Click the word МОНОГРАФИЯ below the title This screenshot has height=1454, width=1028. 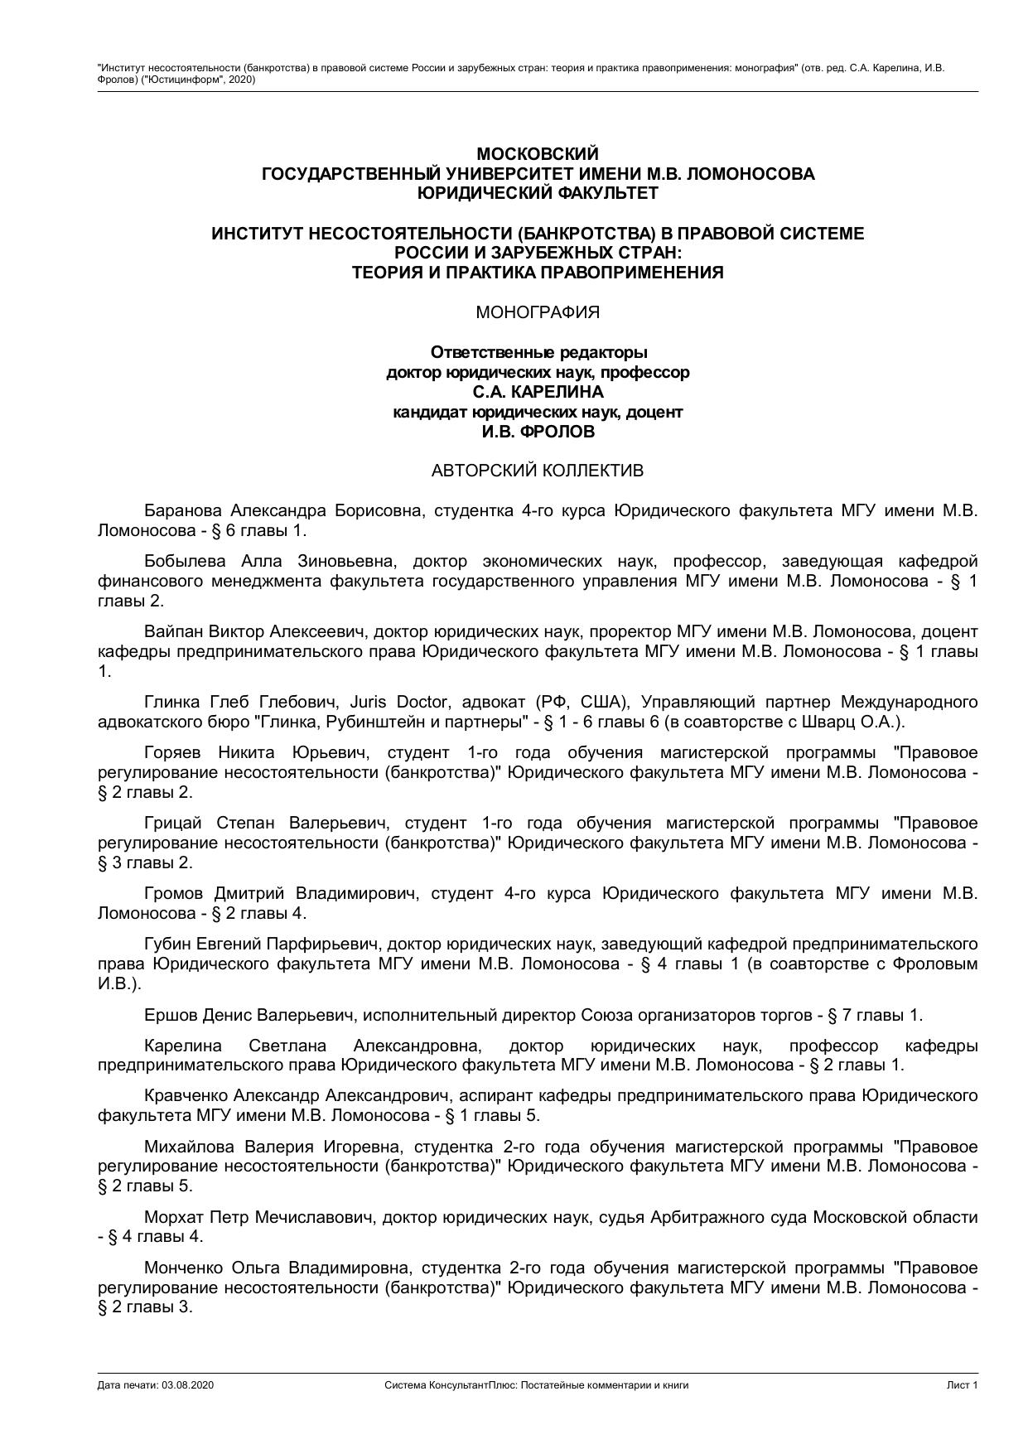[538, 312]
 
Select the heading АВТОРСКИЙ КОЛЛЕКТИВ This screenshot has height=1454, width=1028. [537, 471]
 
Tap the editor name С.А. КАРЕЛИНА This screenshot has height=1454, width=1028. [538, 392]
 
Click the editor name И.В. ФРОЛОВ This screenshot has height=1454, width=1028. [538, 432]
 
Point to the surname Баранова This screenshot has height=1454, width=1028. [183, 510]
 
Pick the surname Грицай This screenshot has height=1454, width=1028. [172, 823]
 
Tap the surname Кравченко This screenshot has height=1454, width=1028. [185, 1095]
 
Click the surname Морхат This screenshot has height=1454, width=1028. [173, 1217]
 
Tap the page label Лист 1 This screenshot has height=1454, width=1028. [963, 1384]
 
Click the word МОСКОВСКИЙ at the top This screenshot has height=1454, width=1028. [537, 154]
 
